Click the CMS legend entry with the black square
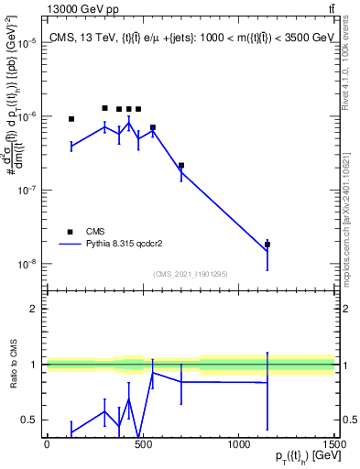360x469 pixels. [70, 232]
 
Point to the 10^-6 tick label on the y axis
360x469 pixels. [29, 117]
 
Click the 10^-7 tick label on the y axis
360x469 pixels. [29, 191]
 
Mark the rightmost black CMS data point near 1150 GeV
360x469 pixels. [267, 245]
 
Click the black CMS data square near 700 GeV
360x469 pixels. [181, 166]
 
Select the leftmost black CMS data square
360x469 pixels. [71, 119]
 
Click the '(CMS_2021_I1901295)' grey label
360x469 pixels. [191, 274]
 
